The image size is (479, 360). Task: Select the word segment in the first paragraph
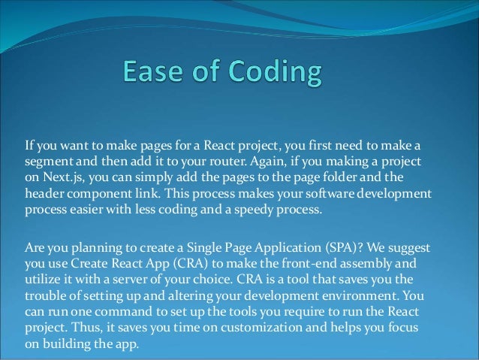tap(50, 162)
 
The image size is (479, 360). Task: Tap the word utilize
tap(44, 280)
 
